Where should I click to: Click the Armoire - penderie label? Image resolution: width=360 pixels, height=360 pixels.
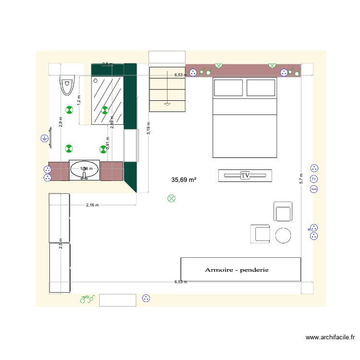(237, 270)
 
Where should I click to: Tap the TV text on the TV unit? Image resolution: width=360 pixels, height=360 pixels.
(245, 176)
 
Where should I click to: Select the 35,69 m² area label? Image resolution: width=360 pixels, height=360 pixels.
(184, 180)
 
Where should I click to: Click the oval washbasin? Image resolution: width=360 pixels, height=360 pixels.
(84, 169)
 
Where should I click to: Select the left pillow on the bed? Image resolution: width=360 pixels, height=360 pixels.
(228, 88)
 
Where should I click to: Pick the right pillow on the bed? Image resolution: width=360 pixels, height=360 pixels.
(261, 88)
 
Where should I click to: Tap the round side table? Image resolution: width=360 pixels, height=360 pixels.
(283, 235)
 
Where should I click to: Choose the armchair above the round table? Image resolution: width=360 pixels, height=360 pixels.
(283, 211)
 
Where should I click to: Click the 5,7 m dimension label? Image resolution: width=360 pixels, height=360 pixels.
(301, 179)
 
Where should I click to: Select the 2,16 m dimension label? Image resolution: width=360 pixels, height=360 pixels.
(92, 205)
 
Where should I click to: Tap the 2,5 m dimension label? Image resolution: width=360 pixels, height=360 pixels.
(60, 243)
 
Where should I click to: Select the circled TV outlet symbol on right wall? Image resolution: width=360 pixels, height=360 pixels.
(314, 179)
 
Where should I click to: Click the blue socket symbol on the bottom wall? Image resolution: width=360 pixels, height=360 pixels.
(146, 299)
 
